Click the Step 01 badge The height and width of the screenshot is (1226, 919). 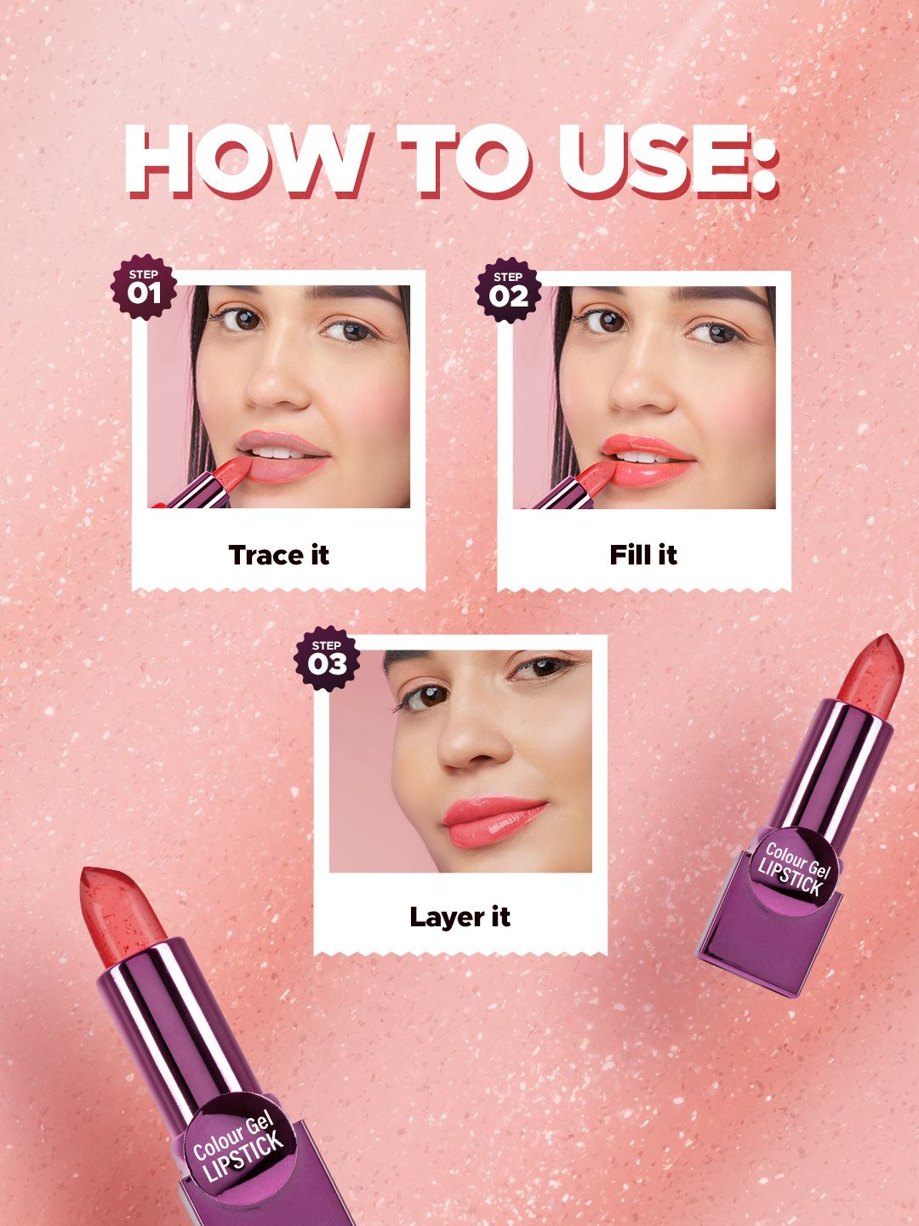[x=144, y=287]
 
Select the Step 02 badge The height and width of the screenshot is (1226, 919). [x=508, y=290]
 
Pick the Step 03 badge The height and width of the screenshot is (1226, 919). [x=327, y=658]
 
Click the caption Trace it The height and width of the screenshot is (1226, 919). [x=278, y=554]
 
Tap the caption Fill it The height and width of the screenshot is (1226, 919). [x=642, y=554]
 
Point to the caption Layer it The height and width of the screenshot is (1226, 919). [x=459, y=917]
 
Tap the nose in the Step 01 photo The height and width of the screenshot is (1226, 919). [x=277, y=380]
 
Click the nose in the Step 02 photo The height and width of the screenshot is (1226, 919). [x=642, y=382]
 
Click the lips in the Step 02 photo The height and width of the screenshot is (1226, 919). [x=648, y=461]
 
